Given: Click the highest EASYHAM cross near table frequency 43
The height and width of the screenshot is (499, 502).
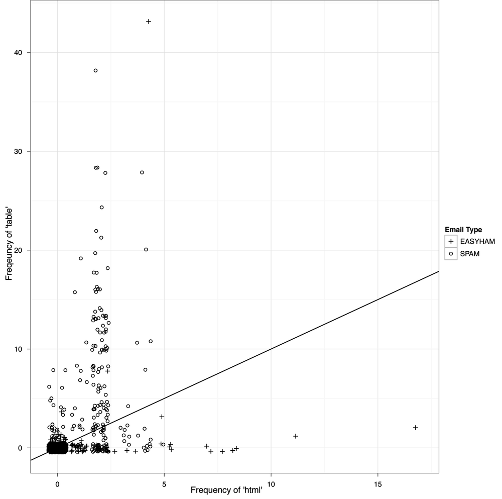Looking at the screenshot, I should (x=149, y=22).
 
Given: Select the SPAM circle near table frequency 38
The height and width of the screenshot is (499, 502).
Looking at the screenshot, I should (x=95, y=70).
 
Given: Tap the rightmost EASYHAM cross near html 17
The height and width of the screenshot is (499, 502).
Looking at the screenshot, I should (x=416, y=428).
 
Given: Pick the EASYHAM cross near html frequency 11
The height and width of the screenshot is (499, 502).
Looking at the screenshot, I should (x=296, y=436).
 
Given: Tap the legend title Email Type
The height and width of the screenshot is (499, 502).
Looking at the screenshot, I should (x=463, y=230).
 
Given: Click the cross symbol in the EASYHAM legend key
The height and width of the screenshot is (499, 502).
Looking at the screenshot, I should (x=451, y=242).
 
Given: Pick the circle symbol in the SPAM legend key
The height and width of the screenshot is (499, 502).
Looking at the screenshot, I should (x=451, y=254).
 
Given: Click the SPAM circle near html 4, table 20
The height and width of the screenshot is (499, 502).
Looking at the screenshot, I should (x=146, y=249).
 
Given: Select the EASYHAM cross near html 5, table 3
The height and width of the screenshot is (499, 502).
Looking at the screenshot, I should (x=162, y=417).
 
